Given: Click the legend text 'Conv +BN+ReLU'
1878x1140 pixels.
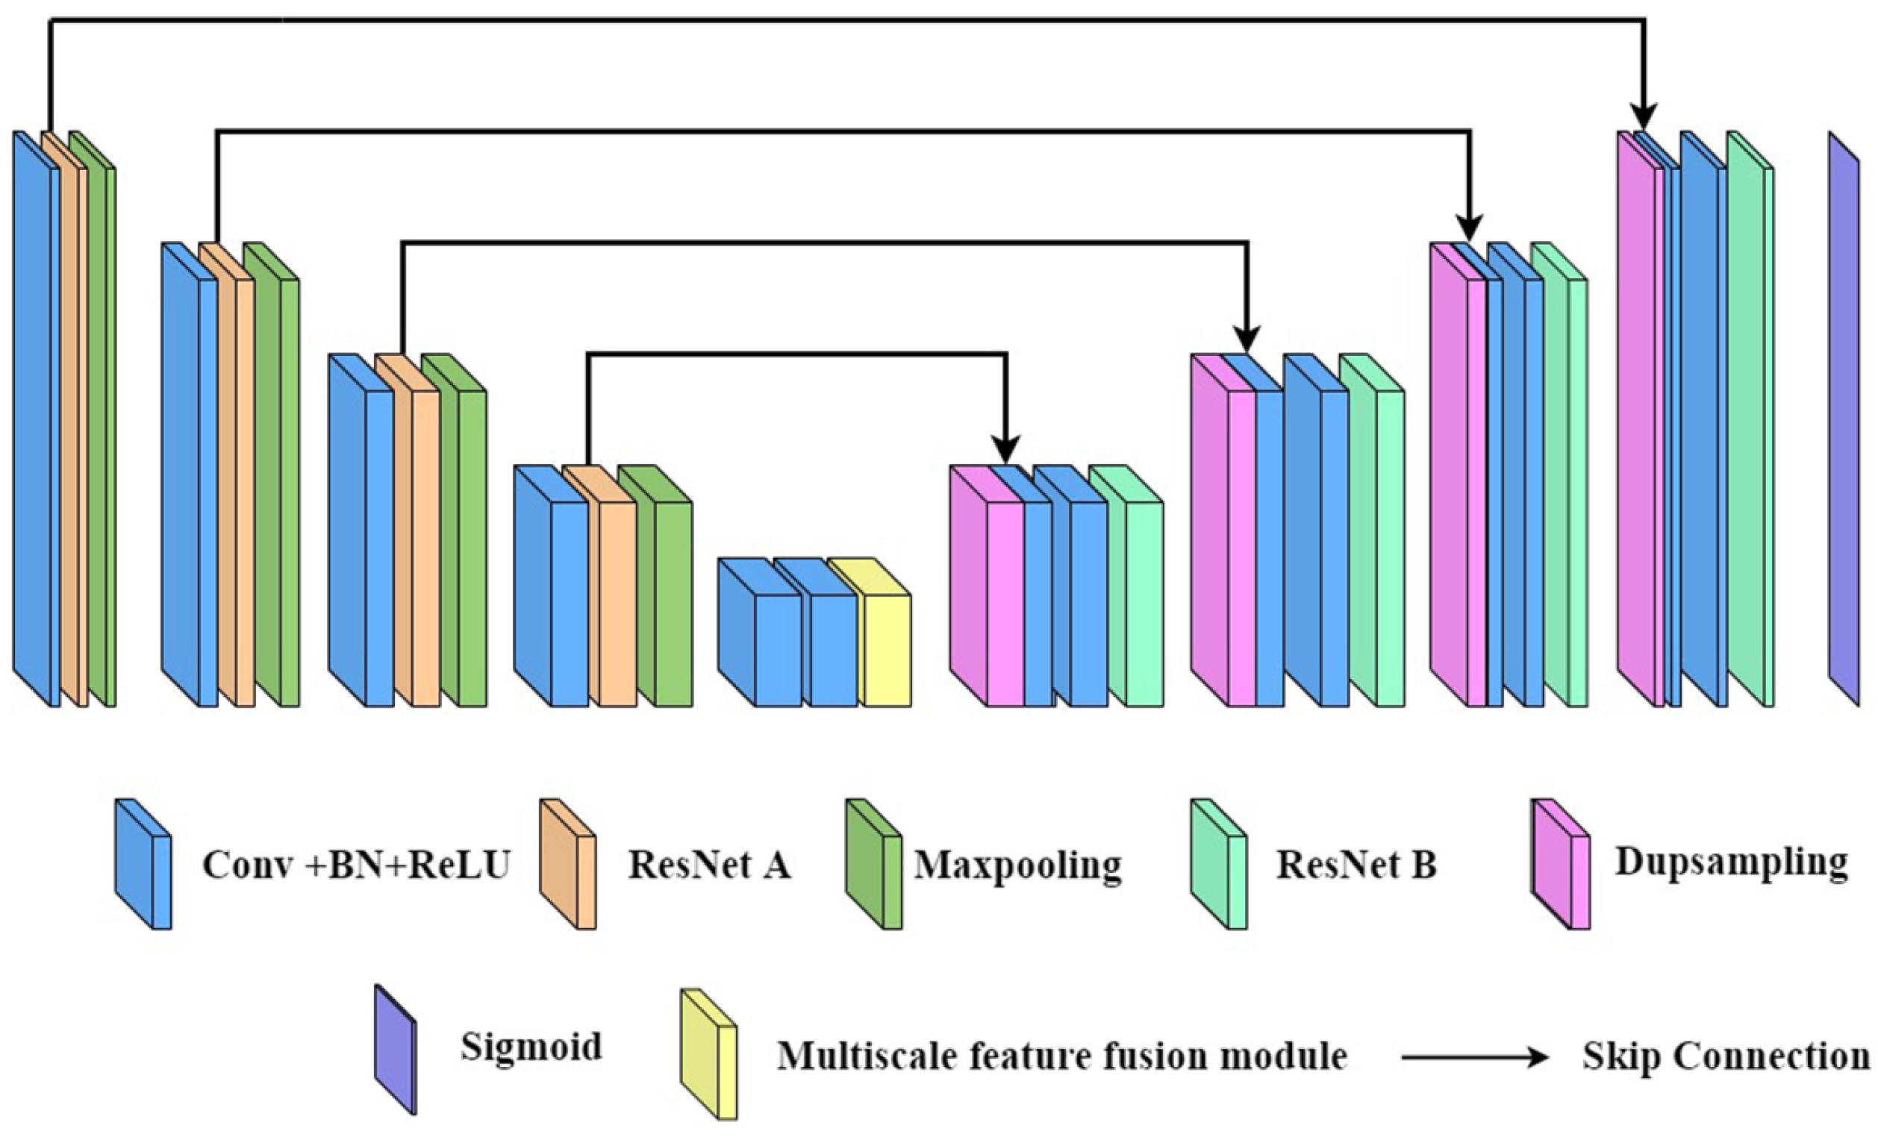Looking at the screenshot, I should click(x=355, y=865).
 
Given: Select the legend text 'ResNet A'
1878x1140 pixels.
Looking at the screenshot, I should click(x=709, y=865).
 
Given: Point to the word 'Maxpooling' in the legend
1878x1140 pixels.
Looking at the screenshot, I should click(x=1017, y=865).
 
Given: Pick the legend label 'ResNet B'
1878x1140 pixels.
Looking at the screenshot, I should click(x=1357, y=865).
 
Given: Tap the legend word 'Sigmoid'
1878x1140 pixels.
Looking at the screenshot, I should click(x=531, y=1046).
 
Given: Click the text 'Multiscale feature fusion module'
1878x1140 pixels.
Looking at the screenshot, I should click(x=1061, y=1056).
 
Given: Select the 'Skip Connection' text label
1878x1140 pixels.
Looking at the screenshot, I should click(x=1726, y=1056).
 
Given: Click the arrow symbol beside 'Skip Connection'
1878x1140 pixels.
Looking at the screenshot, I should click(x=1475, y=1058).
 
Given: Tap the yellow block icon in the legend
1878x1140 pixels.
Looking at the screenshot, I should click(x=710, y=1055).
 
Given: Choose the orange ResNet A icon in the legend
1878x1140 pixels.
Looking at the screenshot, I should click(x=568, y=865).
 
